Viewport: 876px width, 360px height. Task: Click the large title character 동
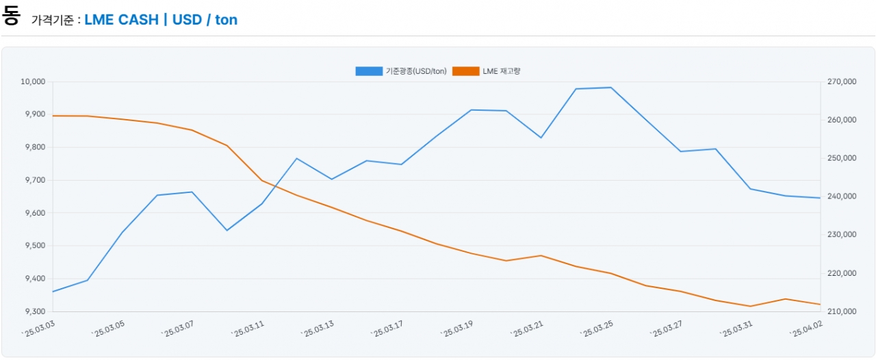11,16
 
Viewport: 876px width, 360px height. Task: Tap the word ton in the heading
227,20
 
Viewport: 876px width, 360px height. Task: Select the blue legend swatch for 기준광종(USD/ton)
369,71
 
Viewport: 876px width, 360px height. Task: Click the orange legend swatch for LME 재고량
465,71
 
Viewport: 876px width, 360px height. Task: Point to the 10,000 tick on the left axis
32,81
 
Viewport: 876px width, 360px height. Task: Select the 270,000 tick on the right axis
842,81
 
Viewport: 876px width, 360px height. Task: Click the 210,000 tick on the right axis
842,311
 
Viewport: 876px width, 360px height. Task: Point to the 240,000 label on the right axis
842,196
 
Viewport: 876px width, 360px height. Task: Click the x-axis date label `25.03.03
38,331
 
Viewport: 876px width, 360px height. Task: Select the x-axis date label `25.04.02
806,331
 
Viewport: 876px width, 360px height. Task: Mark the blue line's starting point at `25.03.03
53,292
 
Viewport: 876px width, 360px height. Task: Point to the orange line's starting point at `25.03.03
53,116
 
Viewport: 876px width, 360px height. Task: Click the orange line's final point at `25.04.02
820,304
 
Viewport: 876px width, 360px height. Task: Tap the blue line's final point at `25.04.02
820,198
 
